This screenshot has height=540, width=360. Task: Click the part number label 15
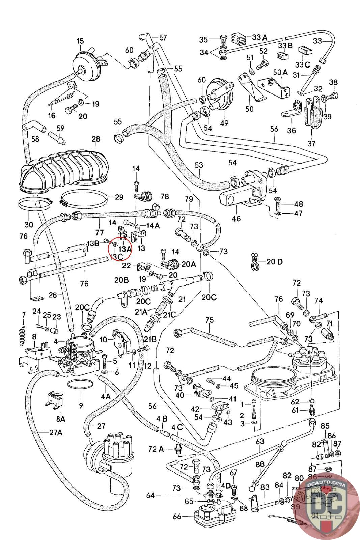coord(80,41)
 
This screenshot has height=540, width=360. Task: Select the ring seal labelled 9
coord(81,384)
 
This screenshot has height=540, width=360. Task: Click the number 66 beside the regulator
coord(177,516)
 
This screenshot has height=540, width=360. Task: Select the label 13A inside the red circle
coord(125,249)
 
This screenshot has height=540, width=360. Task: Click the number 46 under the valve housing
coord(236,218)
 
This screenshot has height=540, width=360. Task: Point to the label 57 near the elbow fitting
coord(163,37)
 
